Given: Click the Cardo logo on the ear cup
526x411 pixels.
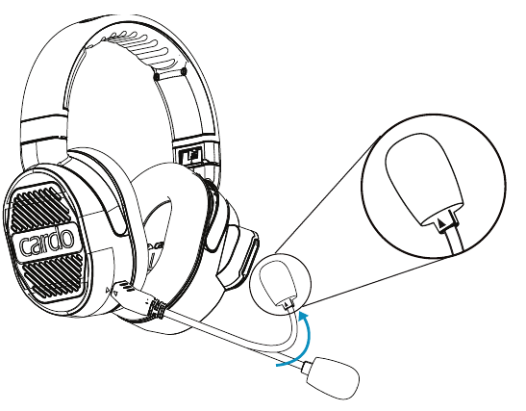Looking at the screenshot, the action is click(x=46, y=243).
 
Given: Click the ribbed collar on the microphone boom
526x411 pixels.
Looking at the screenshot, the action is click(x=158, y=308).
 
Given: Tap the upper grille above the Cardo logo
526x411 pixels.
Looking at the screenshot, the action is click(x=38, y=207).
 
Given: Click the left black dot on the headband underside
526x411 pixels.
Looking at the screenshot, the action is click(x=157, y=77).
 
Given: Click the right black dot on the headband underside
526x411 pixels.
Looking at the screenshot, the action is click(x=183, y=71).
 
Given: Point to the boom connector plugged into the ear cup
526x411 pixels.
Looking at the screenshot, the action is click(x=133, y=295).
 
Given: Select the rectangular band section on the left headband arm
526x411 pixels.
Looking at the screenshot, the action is click(x=43, y=129).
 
